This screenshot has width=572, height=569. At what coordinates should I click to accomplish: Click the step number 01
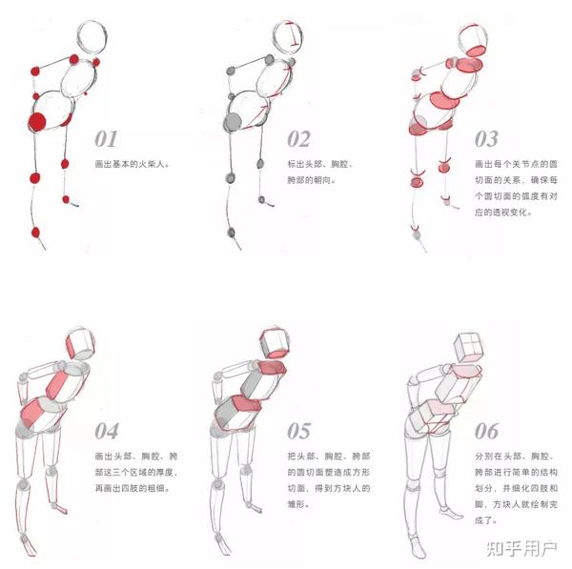tap(106, 139)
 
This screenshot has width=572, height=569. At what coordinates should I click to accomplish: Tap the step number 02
tap(298, 139)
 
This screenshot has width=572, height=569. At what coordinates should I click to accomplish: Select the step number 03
tap(486, 139)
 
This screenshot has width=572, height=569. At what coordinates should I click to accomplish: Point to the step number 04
tap(107, 431)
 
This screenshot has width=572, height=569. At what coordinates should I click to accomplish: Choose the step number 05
tap(299, 431)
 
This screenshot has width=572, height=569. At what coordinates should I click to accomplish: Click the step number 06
tap(486, 431)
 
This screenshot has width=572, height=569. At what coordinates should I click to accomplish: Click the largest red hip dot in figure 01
tap(37, 122)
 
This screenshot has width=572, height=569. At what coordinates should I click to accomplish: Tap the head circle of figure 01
tap(92, 37)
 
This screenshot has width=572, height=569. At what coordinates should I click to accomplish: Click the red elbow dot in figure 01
tap(35, 71)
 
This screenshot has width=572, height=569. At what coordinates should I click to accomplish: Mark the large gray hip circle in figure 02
tap(233, 122)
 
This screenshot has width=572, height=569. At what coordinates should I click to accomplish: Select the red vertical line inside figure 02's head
tap(293, 34)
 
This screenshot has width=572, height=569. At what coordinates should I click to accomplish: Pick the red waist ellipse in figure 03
tap(444, 100)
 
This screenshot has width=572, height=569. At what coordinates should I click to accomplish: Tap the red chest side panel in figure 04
tap(56, 385)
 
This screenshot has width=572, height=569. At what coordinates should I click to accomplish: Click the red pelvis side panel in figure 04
tap(32, 413)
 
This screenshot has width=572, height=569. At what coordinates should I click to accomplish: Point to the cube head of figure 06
tap(468, 348)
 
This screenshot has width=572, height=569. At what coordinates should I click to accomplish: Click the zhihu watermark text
tap(521, 549)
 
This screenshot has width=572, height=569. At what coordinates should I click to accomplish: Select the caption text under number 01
tap(133, 164)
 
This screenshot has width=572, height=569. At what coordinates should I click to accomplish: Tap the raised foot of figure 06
tap(451, 512)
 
